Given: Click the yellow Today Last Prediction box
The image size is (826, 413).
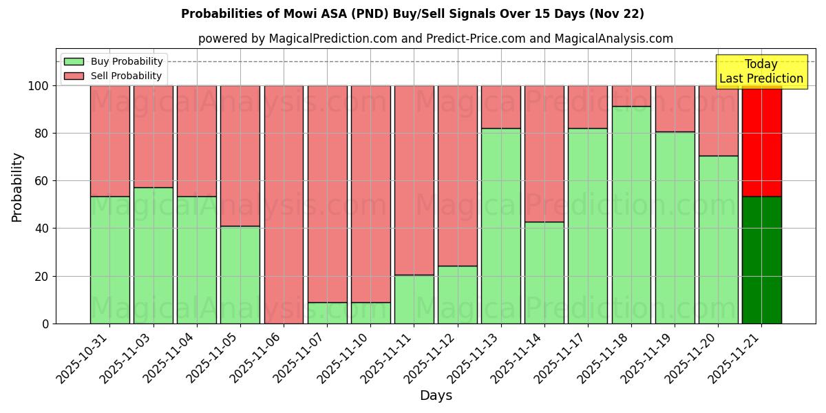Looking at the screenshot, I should coord(761,72).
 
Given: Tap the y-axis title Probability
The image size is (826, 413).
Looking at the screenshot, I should coord(17,187).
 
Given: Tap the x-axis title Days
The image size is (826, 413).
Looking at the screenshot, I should coord(436,396).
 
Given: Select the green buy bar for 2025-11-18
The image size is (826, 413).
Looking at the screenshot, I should coord(631,215).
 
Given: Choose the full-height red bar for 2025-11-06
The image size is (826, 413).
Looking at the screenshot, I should coord(284,204).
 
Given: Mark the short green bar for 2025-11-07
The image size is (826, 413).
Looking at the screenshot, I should coord(327,313).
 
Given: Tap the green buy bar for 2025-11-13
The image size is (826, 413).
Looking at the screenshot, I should coord(500,226).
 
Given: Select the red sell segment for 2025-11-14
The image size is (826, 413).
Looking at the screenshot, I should coord(544,153).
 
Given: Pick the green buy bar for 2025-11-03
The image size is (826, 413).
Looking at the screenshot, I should coord(153,255).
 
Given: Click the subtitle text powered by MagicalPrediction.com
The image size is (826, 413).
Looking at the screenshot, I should coord(435,39).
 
